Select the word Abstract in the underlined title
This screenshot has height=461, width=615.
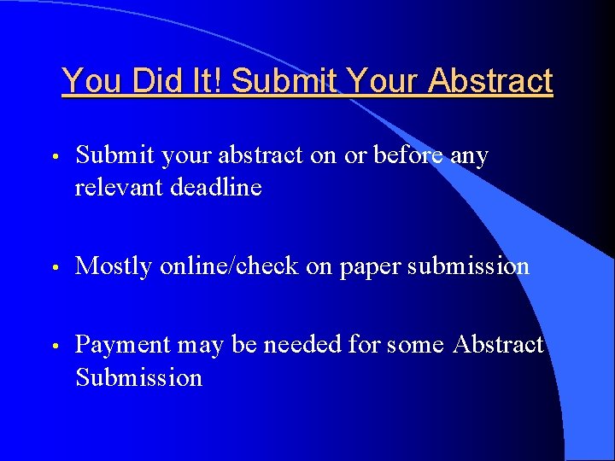[491, 82]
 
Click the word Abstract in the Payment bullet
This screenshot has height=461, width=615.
[498, 344]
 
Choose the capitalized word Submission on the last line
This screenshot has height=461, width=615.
[138, 377]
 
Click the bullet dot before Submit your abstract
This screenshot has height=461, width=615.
[54, 158]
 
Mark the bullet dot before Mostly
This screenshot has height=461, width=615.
[54, 268]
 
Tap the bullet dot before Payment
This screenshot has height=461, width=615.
[54, 347]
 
